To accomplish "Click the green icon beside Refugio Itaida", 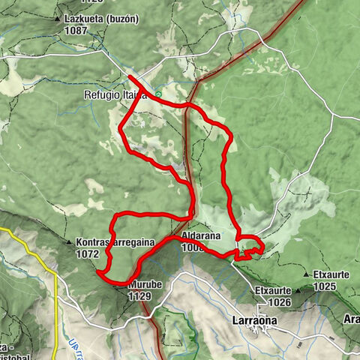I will tap(158, 94).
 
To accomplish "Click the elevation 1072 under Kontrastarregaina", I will tap(88, 254).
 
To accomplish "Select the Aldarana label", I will tap(200, 236).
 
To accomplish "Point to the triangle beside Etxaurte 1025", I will tap(309, 276).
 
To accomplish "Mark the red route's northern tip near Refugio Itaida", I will tap(130, 76).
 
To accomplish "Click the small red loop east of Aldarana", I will tap(251, 247).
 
